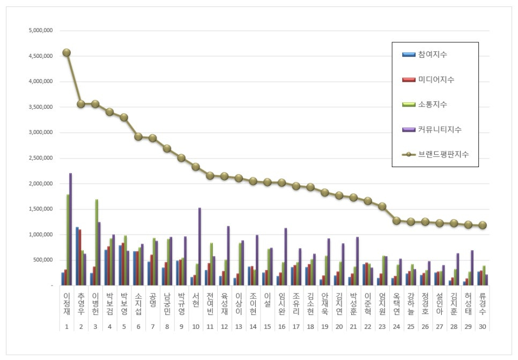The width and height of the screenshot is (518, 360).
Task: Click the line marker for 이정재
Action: click(x=66, y=52)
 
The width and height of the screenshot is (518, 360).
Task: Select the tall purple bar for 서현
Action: click(x=199, y=246)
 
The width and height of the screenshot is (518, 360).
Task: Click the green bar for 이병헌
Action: click(x=97, y=242)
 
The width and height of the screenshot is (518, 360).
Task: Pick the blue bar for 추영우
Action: click(x=77, y=256)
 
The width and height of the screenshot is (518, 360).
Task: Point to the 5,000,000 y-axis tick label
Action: click(x=41, y=31)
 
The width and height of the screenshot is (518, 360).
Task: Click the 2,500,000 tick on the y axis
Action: click(x=41, y=158)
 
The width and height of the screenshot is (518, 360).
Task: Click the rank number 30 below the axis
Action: click(x=483, y=326)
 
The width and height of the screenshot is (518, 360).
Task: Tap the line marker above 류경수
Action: click(x=483, y=226)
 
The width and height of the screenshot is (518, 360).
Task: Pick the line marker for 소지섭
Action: click(x=138, y=137)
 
